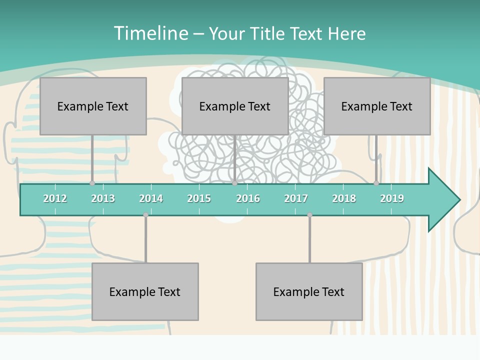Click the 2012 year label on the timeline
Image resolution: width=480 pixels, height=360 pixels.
point(55,198)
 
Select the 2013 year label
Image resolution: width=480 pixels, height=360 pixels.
point(103,198)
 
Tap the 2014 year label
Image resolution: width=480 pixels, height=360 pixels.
point(151,198)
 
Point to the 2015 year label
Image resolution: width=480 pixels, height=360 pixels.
point(199,198)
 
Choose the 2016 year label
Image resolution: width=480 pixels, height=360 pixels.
point(248,198)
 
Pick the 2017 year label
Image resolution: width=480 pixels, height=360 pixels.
point(296,198)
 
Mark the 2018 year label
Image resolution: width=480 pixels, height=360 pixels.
point(344,198)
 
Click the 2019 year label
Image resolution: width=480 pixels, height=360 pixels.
point(392,198)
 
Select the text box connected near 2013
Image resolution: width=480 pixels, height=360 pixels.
point(93,106)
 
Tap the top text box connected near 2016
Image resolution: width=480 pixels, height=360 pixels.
point(235,106)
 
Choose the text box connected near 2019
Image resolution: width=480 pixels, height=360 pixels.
point(377,106)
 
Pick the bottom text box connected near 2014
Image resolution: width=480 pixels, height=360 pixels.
point(145,291)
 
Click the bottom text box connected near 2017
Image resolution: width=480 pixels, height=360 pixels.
point(309,291)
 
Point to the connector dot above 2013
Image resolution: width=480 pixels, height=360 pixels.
point(92,183)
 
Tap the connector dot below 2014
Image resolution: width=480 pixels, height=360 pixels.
point(145,215)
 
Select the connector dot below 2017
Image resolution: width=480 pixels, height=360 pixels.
point(309,215)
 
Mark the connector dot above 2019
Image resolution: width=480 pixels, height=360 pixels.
point(376,183)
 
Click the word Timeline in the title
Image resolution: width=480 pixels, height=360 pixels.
point(150,33)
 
